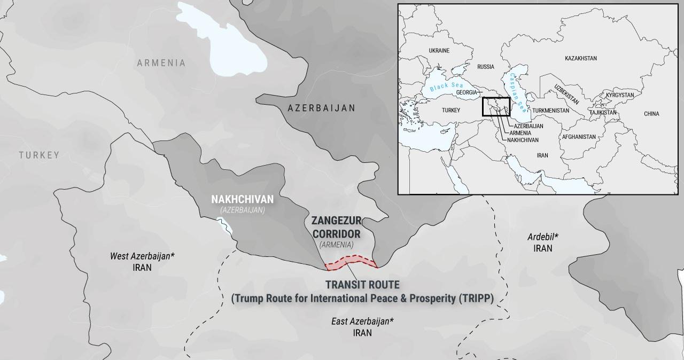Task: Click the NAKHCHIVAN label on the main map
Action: coord(242,199)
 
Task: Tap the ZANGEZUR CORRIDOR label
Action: coord(336,227)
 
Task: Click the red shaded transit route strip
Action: coord(351,262)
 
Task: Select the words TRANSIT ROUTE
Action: coord(362,285)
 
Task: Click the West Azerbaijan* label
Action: coord(142,256)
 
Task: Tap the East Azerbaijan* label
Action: coord(362,321)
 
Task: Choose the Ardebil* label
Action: coord(543,236)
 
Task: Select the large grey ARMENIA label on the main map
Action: coord(161,63)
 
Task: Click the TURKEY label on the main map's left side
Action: coord(39,155)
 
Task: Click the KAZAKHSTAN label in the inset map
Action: coord(580,58)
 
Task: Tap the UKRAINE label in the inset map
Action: coord(439,51)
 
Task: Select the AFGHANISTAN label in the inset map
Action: coord(578,137)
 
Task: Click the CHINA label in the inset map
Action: coord(651,114)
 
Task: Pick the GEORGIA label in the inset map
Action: coord(466,92)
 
